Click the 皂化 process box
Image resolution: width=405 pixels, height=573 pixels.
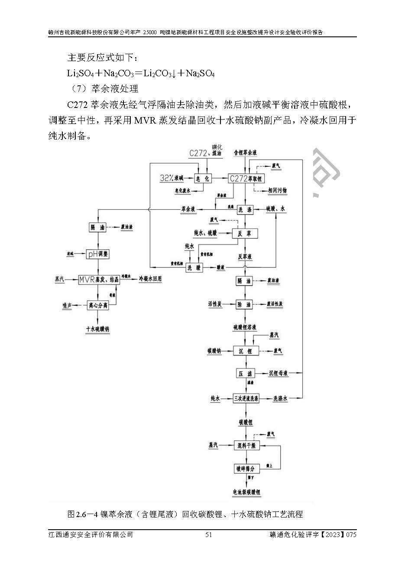coord(203,178)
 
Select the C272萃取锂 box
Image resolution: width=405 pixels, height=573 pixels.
coord(246,178)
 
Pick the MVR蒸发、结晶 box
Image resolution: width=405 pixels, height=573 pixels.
coord(98,280)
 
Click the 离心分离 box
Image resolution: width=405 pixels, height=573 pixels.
coord(98,305)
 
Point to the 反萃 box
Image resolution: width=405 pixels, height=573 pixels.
coord(245,233)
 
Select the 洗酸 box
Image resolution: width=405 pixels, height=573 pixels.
coord(194,268)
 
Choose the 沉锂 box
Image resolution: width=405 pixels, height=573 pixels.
coord(246,351)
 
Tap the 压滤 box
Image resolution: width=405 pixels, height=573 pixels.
coord(245,373)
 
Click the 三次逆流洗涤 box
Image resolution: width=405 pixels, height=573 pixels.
coord(246,398)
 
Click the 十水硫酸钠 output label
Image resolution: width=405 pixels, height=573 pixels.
coord(98,329)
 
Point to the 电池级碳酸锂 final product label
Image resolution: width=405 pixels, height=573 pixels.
coord(246,492)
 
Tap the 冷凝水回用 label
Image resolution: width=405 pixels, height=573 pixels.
coord(150,279)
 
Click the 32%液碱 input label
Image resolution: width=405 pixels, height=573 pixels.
coord(171,178)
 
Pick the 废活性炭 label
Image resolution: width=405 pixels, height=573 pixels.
coord(275,304)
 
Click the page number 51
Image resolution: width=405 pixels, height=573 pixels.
coord(208,535)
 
